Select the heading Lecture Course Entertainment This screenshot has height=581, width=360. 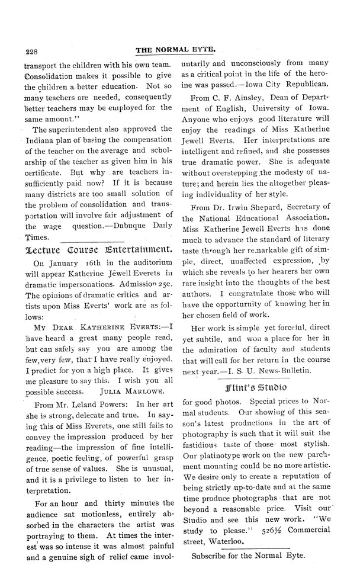(x=99, y=249)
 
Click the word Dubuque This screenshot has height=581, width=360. (x=129, y=224)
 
